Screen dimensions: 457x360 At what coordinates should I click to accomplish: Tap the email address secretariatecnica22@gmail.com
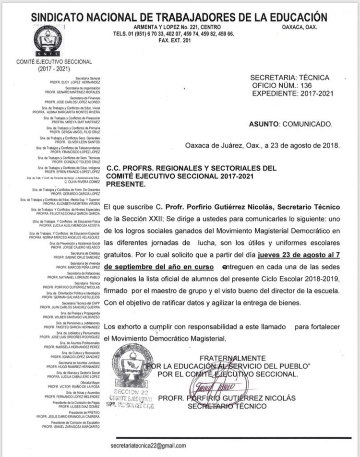(x=148, y=445)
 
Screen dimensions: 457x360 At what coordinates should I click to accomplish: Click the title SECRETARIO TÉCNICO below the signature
(x=227, y=406)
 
